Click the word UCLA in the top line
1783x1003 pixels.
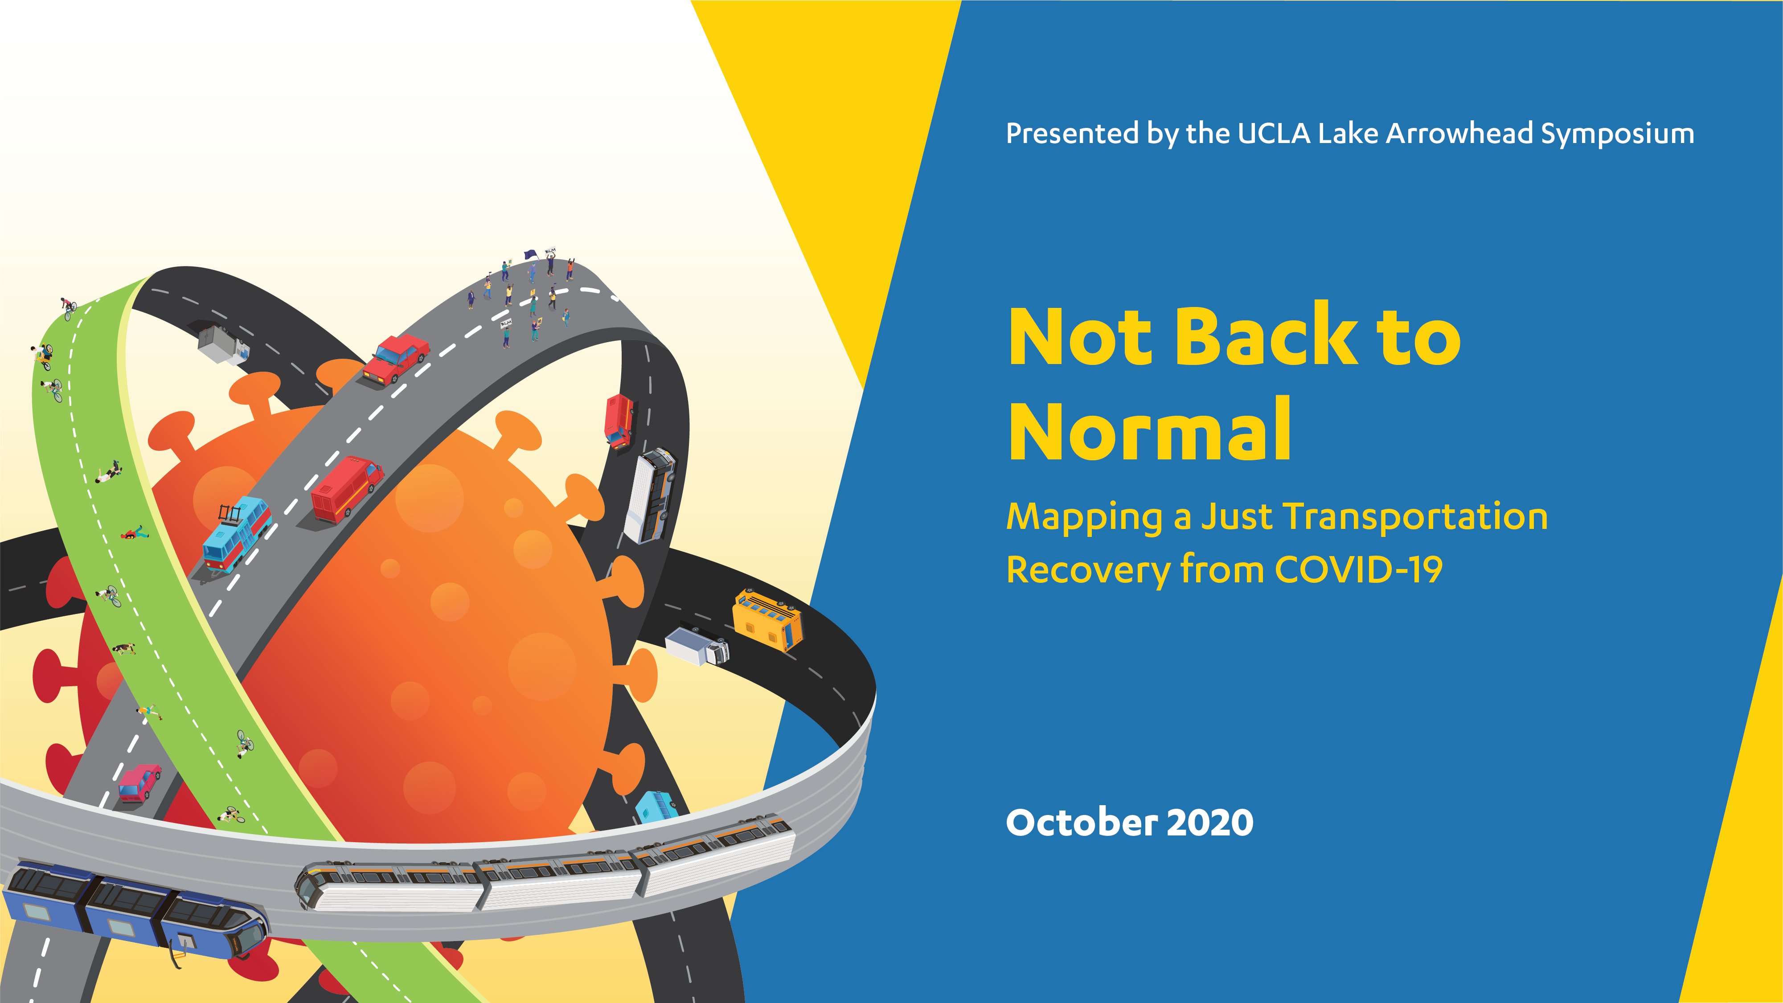click(1274, 134)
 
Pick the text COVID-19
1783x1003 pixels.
click(1359, 570)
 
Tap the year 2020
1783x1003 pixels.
click(1211, 823)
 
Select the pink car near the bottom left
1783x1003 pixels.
click(139, 783)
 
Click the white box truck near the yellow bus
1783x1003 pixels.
click(697, 646)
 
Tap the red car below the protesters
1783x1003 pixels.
click(396, 358)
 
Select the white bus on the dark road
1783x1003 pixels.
click(649, 495)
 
